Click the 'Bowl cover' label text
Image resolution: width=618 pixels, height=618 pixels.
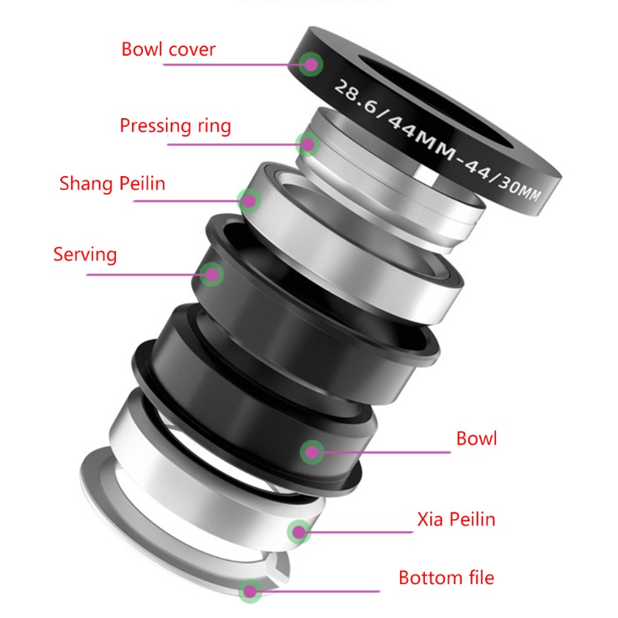tap(168, 50)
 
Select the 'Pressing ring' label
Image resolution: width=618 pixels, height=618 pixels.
tap(175, 125)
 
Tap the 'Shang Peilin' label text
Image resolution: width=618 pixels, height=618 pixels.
tap(112, 184)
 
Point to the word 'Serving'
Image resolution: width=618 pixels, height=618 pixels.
tap(85, 253)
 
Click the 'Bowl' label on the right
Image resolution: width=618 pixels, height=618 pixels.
tap(476, 439)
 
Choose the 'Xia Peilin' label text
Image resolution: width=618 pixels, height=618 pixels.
tap(455, 518)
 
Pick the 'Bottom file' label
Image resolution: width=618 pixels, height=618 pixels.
tap(446, 577)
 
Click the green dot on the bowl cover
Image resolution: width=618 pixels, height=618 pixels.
tap(311, 63)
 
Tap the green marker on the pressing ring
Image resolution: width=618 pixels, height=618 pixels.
tap(308, 142)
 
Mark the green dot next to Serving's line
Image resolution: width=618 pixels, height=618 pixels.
tap(212, 273)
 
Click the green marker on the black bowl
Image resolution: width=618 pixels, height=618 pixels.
tap(311, 452)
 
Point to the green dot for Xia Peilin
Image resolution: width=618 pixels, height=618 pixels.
tap(297, 531)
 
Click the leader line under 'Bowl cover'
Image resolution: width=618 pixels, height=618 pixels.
tap(232, 64)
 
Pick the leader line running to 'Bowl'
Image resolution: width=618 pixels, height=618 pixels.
tap(386, 452)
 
